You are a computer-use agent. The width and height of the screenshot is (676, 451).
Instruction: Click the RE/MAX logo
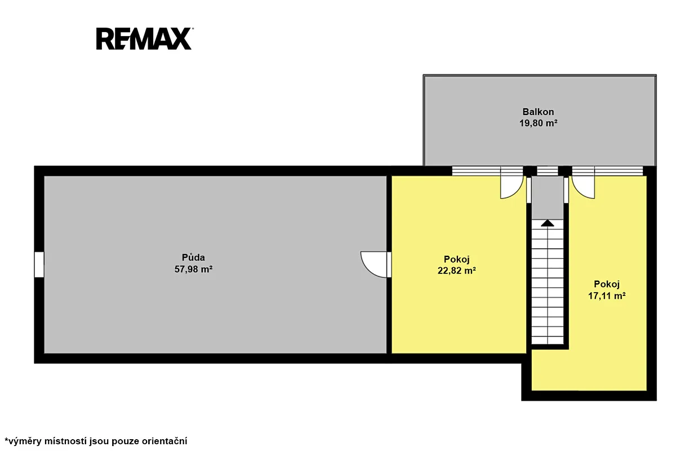point(145,39)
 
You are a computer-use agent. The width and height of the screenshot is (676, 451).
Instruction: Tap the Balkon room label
point(538,112)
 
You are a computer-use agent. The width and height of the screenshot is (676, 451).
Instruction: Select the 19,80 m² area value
point(538,123)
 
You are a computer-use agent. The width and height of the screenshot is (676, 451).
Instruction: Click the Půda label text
point(193,258)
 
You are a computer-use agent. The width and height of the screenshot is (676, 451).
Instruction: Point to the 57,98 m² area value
point(193,269)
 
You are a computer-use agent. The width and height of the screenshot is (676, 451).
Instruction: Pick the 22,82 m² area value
point(457,271)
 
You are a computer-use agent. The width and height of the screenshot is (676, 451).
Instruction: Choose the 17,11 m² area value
point(607,296)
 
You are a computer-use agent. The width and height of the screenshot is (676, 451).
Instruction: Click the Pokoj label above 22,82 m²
point(457,259)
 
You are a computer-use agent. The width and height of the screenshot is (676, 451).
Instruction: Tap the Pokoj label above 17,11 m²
point(607,285)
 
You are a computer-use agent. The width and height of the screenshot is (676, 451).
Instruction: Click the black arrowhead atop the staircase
point(548,223)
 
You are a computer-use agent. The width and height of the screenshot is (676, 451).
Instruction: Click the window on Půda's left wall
point(39,264)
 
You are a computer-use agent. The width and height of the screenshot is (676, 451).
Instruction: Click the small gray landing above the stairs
point(548,198)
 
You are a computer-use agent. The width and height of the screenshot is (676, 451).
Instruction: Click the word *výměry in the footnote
point(23,441)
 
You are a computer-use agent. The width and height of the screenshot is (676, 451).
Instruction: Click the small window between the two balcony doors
point(548,171)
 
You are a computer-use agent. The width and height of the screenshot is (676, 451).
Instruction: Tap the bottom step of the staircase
point(548,340)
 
